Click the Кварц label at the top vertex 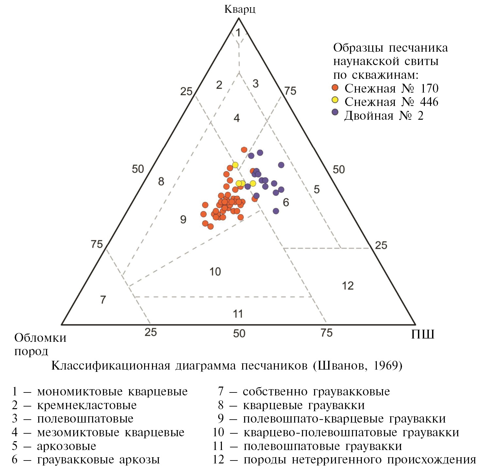240,9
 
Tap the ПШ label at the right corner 423,334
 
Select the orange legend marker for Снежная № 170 335,88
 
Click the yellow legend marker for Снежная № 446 335,100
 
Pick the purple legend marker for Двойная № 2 335,112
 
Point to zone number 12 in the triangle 348,286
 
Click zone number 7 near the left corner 103,300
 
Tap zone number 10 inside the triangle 215,271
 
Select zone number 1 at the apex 238,33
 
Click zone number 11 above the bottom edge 238,314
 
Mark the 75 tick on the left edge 97,244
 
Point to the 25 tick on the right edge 381,245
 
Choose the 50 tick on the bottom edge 239,333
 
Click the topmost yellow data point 235,165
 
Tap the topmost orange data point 244,150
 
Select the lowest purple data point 276,211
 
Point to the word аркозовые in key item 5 67,446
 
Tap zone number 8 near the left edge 161,182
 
